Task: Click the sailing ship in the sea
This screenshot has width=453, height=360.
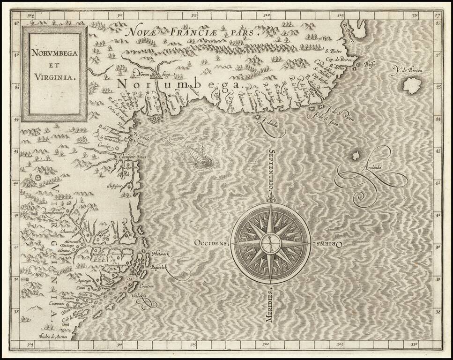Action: tap(199, 156)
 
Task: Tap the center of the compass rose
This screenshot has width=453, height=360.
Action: tap(271, 243)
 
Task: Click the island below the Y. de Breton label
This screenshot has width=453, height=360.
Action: tap(412, 85)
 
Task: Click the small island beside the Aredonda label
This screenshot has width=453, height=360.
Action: tap(356, 156)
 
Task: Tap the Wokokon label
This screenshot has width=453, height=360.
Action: tap(141, 296)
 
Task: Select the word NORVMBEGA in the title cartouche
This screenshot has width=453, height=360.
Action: tap(54, 52)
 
